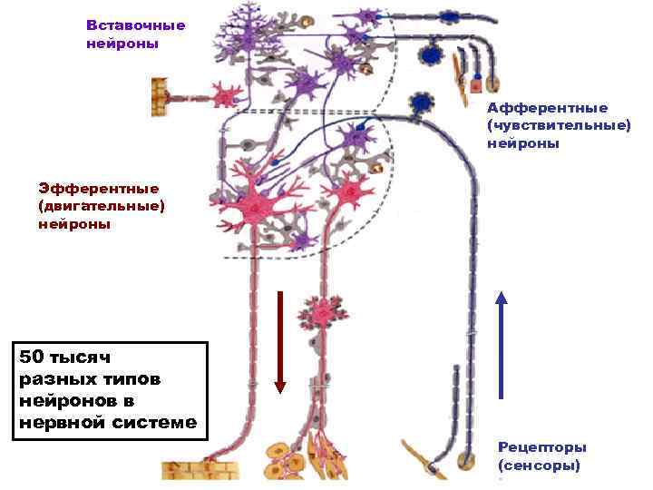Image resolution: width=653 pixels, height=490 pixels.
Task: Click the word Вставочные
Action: pyautogui.click(x=136, y=25)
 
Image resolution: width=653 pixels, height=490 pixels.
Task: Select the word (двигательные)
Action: pyautogui.click(x=102, y=206)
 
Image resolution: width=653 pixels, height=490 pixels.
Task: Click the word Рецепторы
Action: pyautogui.click(x=542, y=447)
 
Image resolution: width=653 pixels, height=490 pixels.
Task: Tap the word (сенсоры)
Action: pyautogui.click(x=539, y=465)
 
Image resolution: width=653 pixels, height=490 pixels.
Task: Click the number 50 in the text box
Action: pyautogui.click(x=34, y=358)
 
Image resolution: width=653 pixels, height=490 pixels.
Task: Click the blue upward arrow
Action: pyautogui.click(x=502, y=345)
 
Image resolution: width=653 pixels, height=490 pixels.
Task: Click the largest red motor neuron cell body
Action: pyautogui.click(x=257, y=207)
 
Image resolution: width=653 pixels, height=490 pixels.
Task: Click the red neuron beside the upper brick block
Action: pyautogui.click(x=223, y=93)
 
